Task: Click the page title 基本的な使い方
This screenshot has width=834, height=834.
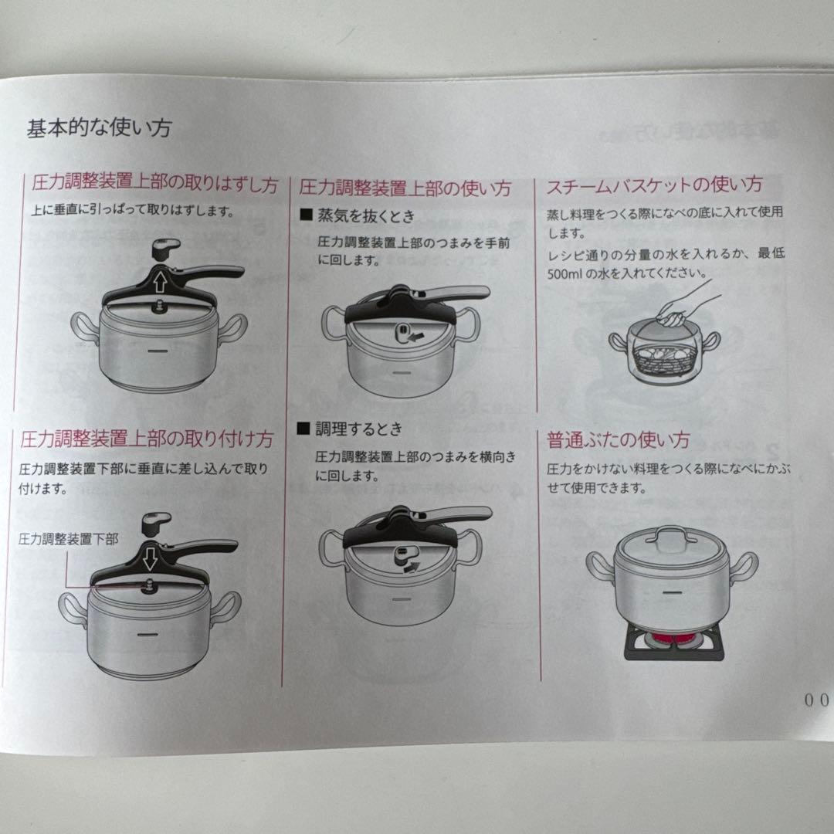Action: [x=100, y=128]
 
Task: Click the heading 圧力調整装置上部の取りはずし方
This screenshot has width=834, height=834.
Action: [x=154, y=184]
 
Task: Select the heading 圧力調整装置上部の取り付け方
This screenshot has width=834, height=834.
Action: [x=147, y=439]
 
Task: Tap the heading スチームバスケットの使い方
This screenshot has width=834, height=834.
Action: [x=654, y=185]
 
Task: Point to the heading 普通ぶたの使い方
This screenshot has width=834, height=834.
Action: [x=618, y=440]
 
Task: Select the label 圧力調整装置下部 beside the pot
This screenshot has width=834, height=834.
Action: [x=69, y=539]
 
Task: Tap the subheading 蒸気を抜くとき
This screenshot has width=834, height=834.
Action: [x=366, y=215]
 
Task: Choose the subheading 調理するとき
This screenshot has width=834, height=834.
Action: [x=359, y=429]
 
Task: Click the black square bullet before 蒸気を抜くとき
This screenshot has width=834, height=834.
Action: [x=306, y=215]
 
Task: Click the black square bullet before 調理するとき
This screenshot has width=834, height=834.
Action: [x=303, y=428]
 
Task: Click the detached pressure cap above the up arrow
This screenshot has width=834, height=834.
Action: [x=166, y=249]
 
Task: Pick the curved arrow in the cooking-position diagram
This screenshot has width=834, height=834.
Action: [x=411, y=567]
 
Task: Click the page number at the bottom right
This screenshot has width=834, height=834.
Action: [x=816, y=700]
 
